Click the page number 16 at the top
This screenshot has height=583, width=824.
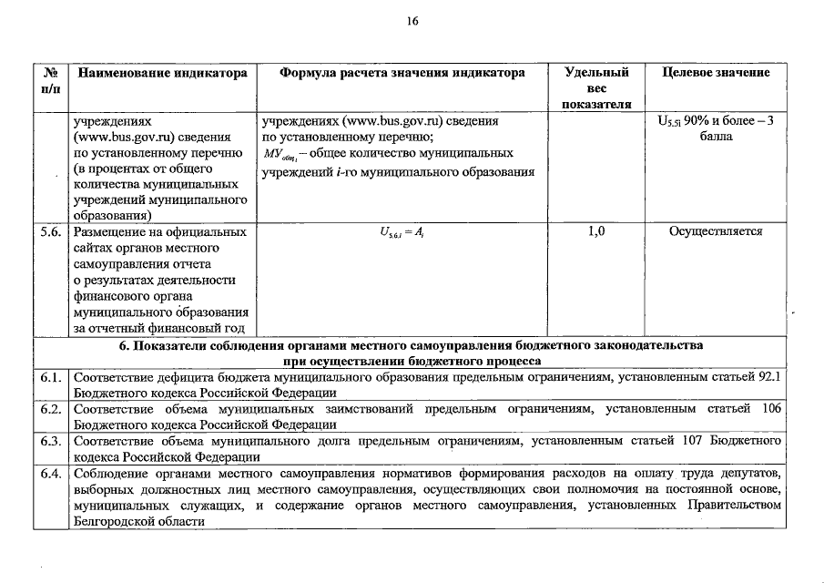point(412,22)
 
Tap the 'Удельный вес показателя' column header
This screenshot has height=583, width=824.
point(596,87)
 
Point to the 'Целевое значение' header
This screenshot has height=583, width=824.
point(715,73)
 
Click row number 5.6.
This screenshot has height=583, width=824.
point(52,231)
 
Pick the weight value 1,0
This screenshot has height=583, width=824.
point(596,231)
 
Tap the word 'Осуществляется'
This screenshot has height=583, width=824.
point(715,231)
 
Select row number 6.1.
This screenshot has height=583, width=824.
point(52,377)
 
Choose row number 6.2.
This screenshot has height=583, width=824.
point(52,409)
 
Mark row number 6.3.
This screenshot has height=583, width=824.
point(52,441)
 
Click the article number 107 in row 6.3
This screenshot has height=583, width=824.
point(696,441)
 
